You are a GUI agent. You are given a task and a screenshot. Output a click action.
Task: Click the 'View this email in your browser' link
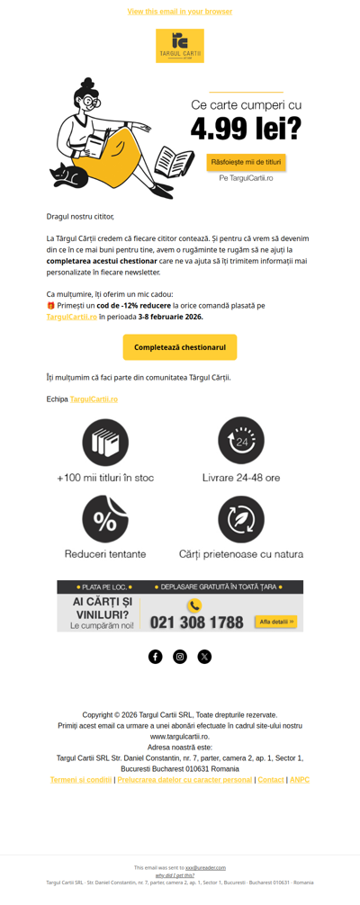180,12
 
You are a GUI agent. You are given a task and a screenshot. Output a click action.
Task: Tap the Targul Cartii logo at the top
180,45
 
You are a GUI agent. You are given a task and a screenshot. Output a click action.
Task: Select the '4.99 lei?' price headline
246,130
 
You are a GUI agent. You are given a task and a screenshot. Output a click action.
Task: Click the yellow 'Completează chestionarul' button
180,347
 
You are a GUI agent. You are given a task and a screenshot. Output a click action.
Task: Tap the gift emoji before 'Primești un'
51,306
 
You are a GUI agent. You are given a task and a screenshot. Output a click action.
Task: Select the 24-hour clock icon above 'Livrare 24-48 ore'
241,441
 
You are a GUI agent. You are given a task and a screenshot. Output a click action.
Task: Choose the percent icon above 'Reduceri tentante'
105,519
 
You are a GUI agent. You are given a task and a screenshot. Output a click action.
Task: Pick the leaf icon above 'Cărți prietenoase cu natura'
241,519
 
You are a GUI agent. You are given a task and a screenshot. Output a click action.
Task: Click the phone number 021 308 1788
196,622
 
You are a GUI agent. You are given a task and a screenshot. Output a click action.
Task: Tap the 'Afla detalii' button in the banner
275,622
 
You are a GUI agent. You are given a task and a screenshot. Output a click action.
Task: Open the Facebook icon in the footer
156,657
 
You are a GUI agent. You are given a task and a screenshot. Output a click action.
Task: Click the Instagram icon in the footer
180,657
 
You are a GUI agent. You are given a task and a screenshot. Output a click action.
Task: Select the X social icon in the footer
204,657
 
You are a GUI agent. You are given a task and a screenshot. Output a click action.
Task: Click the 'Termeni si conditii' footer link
81,780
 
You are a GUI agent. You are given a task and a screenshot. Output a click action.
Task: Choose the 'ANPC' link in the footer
300,780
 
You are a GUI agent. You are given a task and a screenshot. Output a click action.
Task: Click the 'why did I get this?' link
175,875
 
